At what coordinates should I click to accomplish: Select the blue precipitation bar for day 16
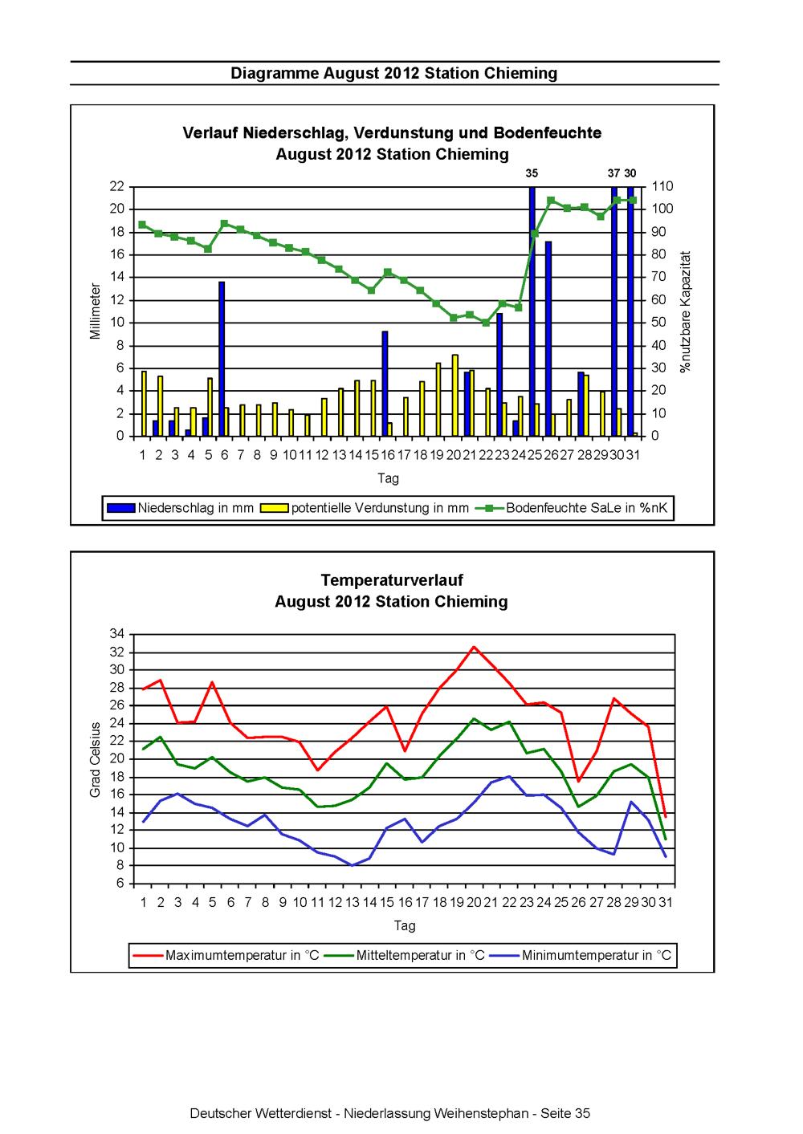pyautogui.click(x=385, y=384)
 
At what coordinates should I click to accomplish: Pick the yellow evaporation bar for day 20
pyautogui.click(x=455, y=395)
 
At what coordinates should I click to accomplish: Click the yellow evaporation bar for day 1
pyautogui.click(x=144, y=404)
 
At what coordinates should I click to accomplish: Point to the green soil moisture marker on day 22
pyautogui.click(x=486, y=323)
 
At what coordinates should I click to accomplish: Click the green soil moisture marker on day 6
pyautogui.click(x=224, y=224)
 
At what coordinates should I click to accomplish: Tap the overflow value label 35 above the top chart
pyautogui.click(x=532, y=173)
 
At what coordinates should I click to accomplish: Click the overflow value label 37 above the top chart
pyautogui.click(x=613, y=173)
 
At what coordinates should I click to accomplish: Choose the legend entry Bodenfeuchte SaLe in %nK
pyautogui.click(x=572, y=508)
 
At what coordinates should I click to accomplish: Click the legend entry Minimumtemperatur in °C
pyautogui.click(x=581, y=955)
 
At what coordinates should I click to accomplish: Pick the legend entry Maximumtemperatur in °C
pyautogui.click(x=226, y=955)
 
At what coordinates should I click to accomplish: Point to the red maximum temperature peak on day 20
pyautogui.click(x=474, y=647)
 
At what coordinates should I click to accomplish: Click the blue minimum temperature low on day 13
pyautogui.click(x=352, y=865)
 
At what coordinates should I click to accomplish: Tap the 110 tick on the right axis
pyautogui.click(x=662, y=186)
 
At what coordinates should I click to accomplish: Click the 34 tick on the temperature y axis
pyautogui.click(x=117, y=634)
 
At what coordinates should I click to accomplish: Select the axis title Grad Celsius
pyautogui.click(x=95, y=759)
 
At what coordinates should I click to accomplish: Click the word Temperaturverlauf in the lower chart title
pyautogui.click(x=392, y=580)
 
